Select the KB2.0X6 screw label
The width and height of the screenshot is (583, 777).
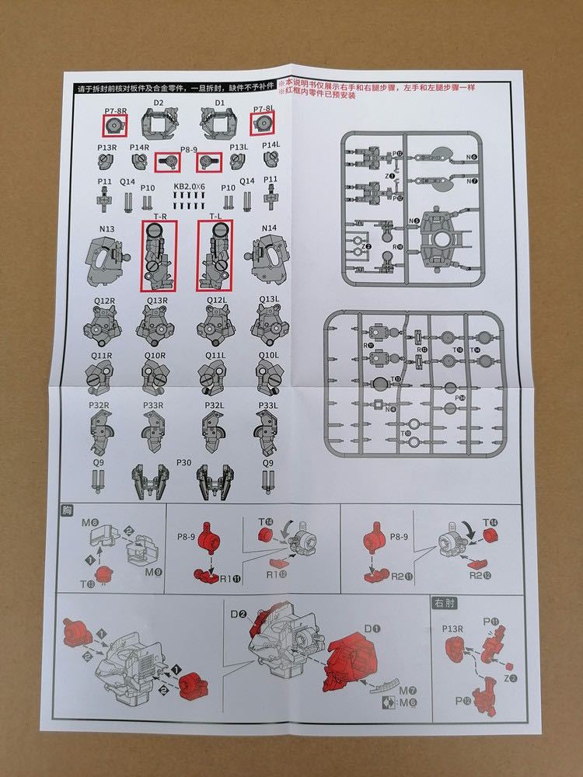click(x=188, y=186)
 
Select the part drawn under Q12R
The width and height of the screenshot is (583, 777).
click(x=105, y=327)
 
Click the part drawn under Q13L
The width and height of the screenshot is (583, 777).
click(x=268, y=327)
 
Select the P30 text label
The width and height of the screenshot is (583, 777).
click(x=184, y=462)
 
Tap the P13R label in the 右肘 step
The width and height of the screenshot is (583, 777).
click(x=453, y=627)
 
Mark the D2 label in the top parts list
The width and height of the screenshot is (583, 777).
click(x=159, y=103)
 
